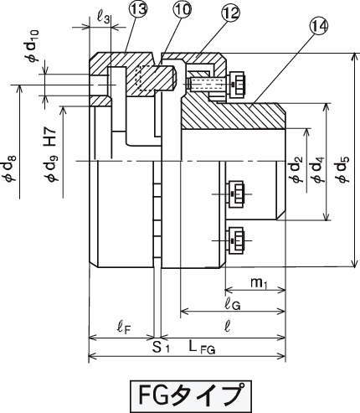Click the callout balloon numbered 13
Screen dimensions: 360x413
click(138, 10)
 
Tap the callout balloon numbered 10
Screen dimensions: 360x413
click(183, 9)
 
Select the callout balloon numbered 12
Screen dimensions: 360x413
click(231, 13)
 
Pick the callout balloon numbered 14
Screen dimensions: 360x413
click(318, 26)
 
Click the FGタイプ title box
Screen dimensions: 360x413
click(191, 395)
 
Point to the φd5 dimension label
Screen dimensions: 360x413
click(343, 169)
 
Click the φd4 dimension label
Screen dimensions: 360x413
click(319, 169)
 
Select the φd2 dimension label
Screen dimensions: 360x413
click(296, 169)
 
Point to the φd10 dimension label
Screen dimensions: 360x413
click(33, 45)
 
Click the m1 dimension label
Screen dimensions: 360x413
click(259, 283)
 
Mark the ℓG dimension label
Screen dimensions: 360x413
click(233, 305)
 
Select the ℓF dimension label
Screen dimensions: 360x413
click(123, 328)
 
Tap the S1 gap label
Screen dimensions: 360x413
click(161, 348)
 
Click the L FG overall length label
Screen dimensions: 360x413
click(202, 348)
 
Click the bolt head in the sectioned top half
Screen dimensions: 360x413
click(236, 84)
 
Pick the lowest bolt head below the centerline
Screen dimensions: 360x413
click(236, 240)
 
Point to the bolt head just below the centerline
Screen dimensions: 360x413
click(236, 194)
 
